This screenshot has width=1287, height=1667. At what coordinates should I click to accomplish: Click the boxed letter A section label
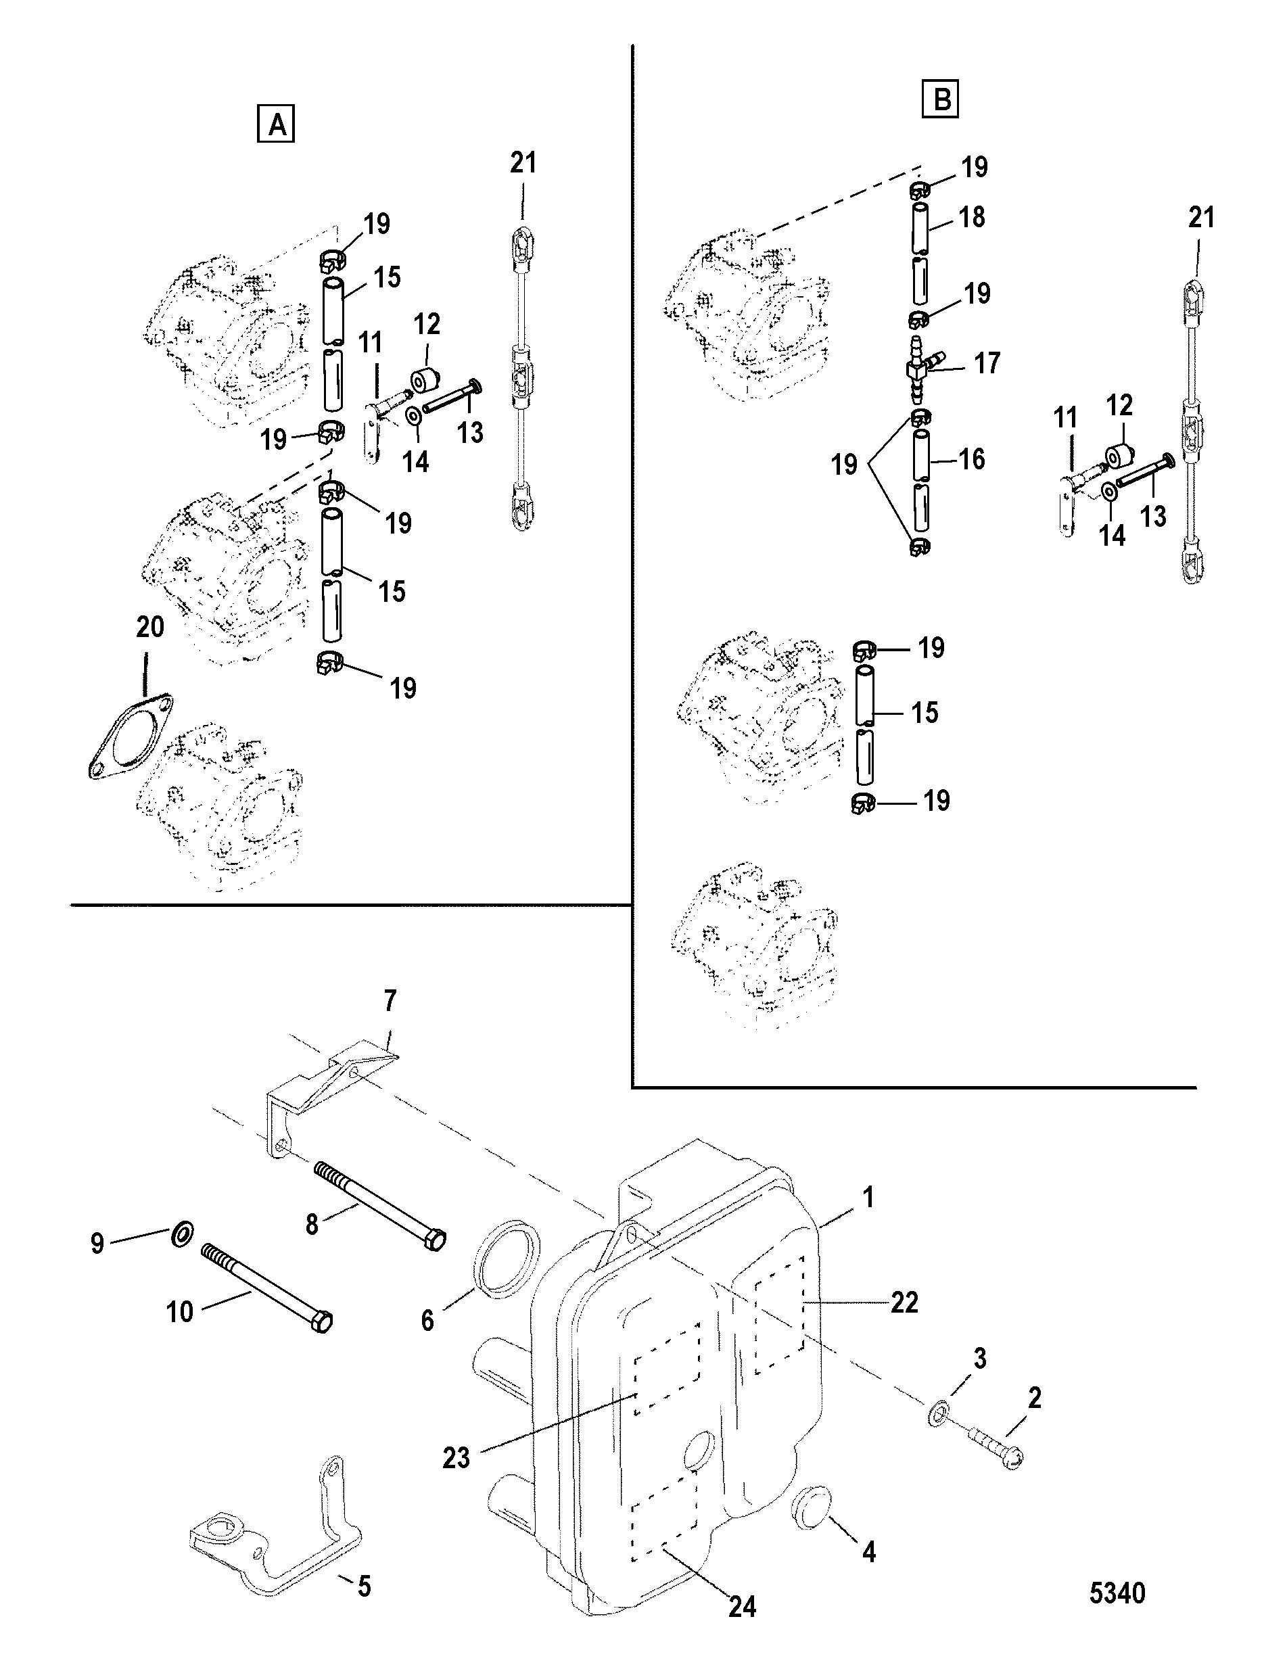(x=277, y=124)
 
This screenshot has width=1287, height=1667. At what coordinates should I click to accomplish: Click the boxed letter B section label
(x=941, y=99)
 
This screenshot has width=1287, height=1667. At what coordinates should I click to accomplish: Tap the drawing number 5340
(x=1117, y=1594)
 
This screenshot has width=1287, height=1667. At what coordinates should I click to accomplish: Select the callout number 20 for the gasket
(x=149, y=627)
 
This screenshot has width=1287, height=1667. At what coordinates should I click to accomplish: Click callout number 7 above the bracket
(x=390, y=1000)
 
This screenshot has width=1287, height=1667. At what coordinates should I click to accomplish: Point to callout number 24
(x=742, y=1605)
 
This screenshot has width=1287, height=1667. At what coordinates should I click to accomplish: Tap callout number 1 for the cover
(x=868, y=1196)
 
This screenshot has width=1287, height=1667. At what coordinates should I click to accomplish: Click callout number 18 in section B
(x=971, y=217)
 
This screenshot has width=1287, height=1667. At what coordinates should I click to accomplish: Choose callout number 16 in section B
(x=971, y=459)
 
